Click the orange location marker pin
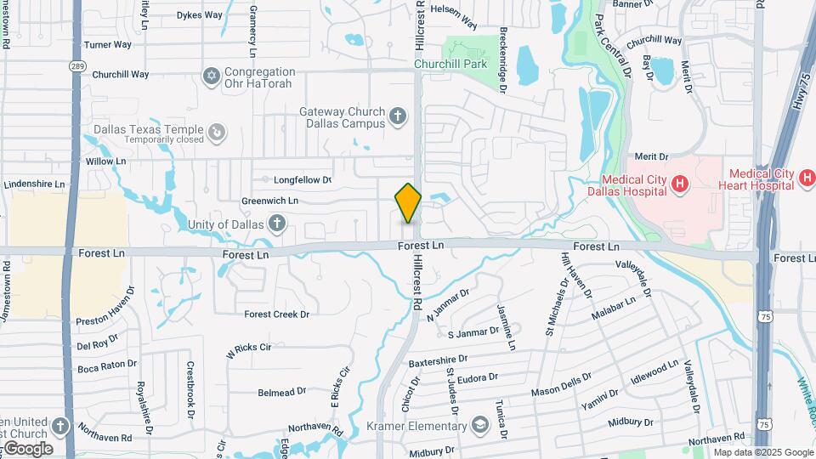408,202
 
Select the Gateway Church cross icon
398,117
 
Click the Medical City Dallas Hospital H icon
679,184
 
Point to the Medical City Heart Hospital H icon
807,179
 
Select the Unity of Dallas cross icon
275,224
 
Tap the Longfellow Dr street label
302,179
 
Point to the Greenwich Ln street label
269,201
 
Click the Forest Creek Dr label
277,314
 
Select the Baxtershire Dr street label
440,361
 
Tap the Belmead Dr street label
282,392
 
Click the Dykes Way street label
200,14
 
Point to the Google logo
27,448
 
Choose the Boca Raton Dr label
107,365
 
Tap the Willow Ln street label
105,161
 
